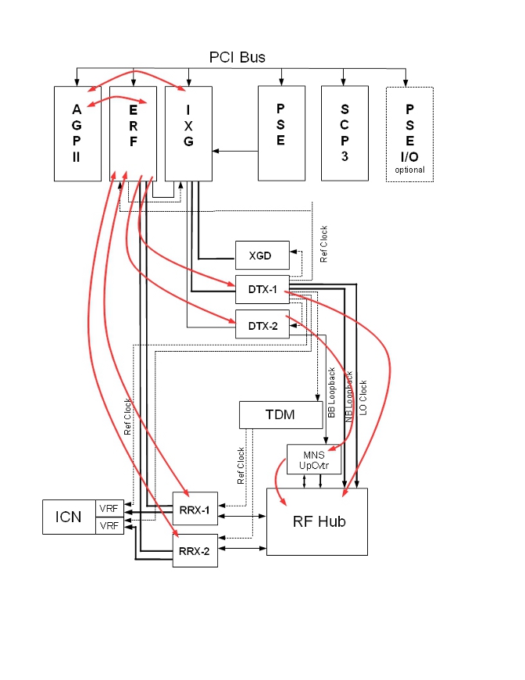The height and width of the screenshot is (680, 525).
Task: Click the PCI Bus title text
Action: (x=237, y=58)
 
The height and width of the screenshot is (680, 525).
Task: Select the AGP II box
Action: (x=77, y=134)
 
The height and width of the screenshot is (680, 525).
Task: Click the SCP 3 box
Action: (x=344, y=134)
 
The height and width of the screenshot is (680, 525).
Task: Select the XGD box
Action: (x=262, y=256)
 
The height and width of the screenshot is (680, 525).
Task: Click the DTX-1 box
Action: (x=262, y=290)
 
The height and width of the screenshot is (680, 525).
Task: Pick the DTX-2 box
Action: (x=262, y=324)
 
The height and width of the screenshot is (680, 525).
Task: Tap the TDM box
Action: (x=280, y=415)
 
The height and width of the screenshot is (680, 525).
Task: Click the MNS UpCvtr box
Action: (x=312, y=459)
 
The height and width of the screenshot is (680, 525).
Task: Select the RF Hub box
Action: (x=316, y=522)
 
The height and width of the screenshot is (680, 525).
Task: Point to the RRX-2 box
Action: (x=195, y=550)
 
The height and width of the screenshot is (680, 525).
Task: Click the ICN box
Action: (x=69, y=517)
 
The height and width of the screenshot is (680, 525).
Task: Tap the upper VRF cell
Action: (x=109, y=508)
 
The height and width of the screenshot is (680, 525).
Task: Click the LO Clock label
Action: (x=363, y=397)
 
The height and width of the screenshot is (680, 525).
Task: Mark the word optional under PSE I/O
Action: (x=409, y=170)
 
